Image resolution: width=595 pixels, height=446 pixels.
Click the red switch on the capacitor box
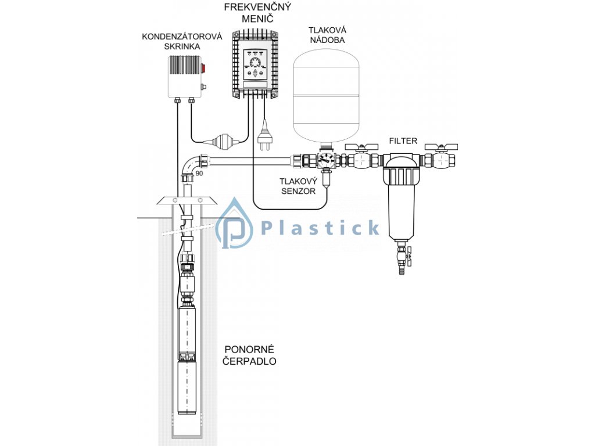pos(203,68)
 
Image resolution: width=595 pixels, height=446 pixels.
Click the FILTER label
pos(403,141)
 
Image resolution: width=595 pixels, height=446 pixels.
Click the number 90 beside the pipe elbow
pos(199,174)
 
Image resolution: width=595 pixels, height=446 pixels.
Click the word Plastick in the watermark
pos(320,228)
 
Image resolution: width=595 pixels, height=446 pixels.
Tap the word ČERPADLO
pos(250,361)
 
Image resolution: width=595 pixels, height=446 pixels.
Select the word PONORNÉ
pos(249,350)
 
